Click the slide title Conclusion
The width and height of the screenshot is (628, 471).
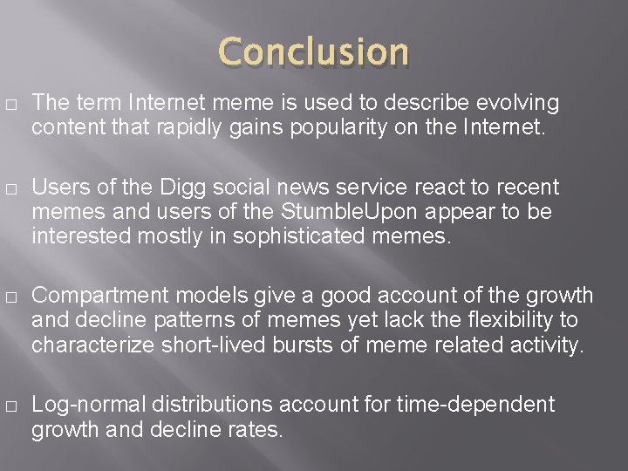pyautogui.click(x=314, y=52)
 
